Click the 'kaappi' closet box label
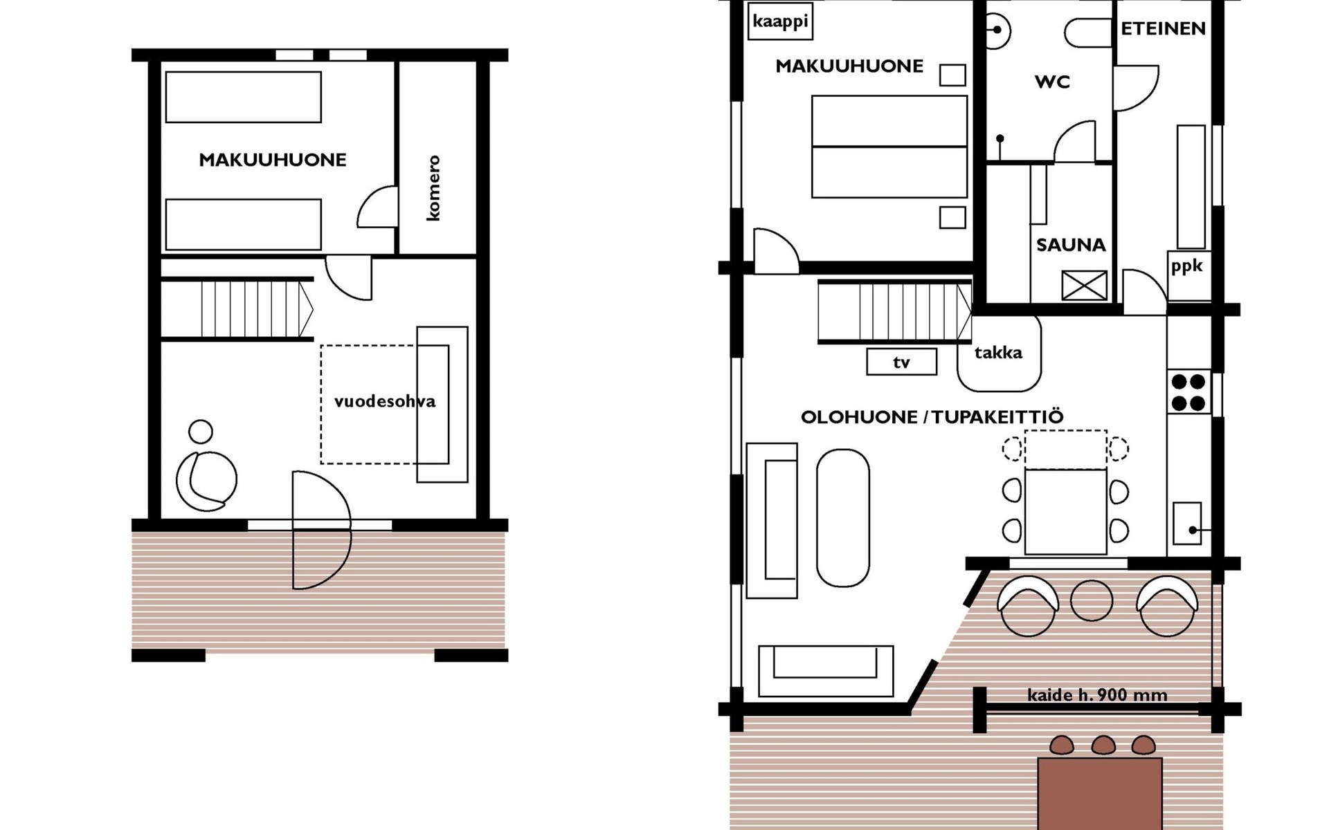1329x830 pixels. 780,21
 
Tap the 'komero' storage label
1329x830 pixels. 433,188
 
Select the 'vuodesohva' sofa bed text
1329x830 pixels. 385,402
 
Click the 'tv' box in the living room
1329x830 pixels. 901,362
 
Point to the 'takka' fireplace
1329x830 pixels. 999,353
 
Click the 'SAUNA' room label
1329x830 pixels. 1071,245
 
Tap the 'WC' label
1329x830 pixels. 1052,82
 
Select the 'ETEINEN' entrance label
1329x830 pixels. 1163,28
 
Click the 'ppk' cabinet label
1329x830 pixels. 1187,267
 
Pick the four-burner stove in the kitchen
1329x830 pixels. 1188,392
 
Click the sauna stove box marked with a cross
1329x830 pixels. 1084,286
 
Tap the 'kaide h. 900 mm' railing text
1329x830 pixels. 1097,694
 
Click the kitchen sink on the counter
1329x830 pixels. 1187,523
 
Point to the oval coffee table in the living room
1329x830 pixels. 843,518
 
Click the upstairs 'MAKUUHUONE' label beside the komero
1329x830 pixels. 273,160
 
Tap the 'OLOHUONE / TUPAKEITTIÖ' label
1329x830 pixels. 932,417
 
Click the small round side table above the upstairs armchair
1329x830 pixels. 201,432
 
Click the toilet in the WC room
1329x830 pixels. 1088,33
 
